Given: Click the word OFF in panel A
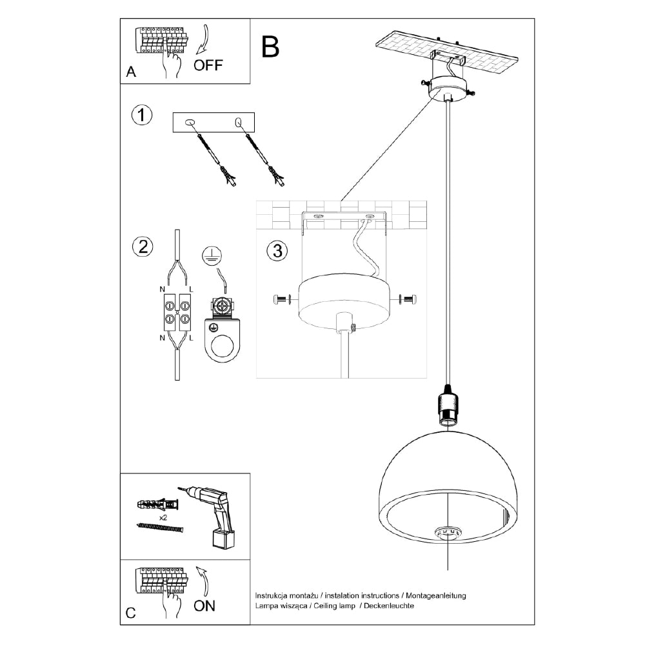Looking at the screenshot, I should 208,65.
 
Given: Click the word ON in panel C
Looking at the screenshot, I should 204,606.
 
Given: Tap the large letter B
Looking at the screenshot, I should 271,46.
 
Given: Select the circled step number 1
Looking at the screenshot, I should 141,116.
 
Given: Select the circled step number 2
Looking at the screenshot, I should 142,246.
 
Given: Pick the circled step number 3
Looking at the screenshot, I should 277,252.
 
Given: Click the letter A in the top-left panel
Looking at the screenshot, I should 132,72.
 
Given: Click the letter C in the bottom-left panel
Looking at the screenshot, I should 131,613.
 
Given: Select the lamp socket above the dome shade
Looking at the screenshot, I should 448,406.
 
